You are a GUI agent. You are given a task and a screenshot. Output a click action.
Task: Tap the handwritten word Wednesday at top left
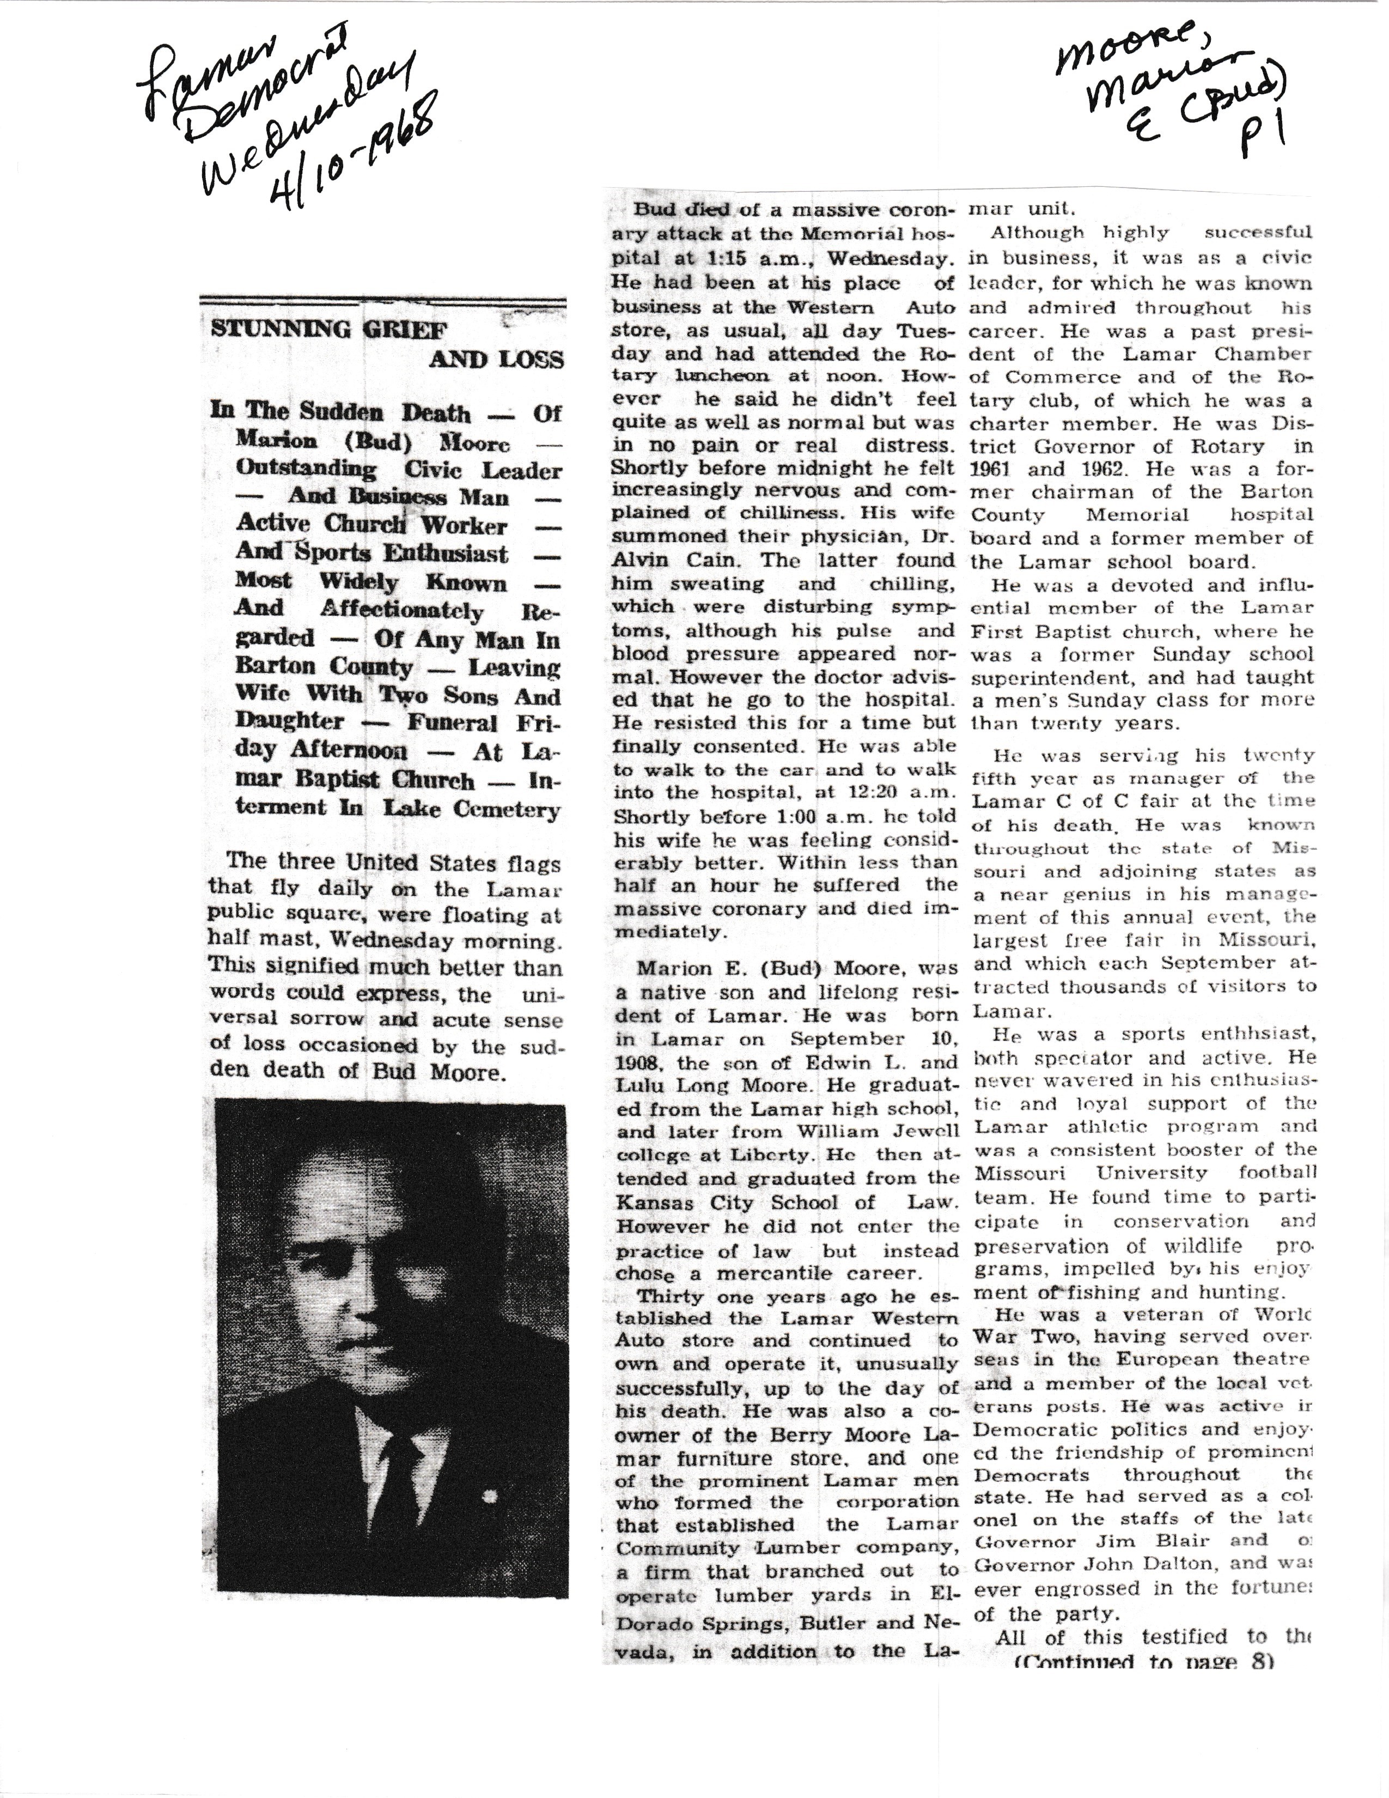click(x=313, y=116)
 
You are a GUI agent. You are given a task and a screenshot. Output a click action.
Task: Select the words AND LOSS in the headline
click(x=496, y=360)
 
